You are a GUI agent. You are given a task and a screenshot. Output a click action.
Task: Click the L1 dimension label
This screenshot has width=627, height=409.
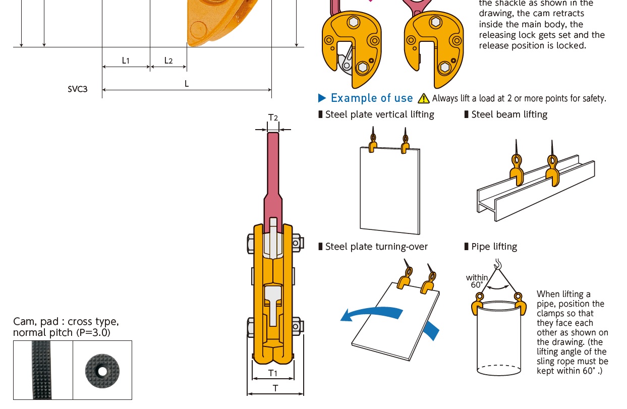point(126,60)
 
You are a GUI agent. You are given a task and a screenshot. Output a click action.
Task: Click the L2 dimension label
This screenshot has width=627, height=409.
point(168,60)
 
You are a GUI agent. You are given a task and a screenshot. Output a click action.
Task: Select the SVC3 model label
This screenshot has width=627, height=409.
point(78,89)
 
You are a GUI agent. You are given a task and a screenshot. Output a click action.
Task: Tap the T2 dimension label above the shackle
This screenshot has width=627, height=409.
point(273,118)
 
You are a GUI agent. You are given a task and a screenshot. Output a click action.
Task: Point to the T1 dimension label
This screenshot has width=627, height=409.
point(273,373)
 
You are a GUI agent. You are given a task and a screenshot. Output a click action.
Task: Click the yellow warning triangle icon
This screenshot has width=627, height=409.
point(424,98)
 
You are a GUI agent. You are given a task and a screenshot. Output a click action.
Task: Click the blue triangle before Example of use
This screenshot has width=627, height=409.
point(322,98)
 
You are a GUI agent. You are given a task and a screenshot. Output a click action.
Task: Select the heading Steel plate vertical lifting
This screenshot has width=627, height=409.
point(379,114)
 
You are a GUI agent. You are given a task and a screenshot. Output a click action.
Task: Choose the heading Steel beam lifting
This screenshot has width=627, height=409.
point(509,114)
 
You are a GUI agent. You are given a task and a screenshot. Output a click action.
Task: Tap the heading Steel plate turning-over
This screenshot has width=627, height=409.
point(376,247)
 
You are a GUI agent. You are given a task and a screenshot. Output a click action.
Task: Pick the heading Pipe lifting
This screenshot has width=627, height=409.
point(494,247)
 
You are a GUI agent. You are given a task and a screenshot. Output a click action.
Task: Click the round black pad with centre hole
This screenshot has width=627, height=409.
point(102,371)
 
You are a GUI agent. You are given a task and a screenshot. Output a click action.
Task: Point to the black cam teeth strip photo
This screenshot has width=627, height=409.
point(42,370)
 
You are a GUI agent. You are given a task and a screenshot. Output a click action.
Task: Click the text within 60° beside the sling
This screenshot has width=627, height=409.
point(477,281)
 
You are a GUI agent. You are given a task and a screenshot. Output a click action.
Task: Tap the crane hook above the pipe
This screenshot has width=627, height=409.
point(498,264)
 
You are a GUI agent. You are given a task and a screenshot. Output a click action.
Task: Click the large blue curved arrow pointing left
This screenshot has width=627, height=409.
point(371,314)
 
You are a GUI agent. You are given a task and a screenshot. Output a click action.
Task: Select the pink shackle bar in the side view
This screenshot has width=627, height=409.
point(273,182)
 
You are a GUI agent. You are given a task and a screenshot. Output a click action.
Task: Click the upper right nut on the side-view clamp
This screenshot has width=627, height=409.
point(297,243)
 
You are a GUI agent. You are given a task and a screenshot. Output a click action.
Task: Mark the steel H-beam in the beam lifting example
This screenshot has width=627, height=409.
point(536,188)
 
